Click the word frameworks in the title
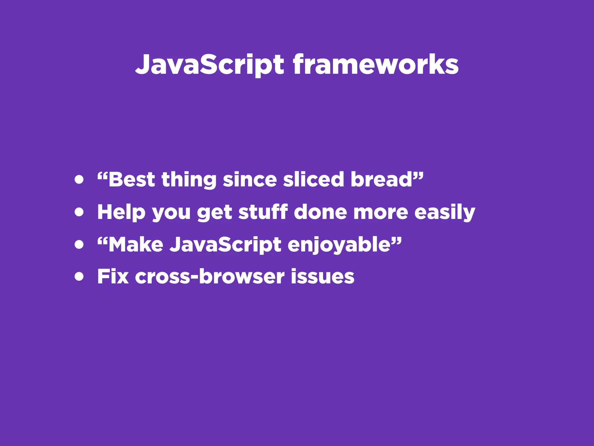375,64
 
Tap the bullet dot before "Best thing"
79,179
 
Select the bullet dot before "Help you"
79,212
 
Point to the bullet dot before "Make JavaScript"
79,244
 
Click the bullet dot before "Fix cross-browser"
79,276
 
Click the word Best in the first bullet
132,179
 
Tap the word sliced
313,179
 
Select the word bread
381,179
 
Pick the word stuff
263,212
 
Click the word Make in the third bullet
136,244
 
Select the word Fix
113,276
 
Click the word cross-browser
209,276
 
